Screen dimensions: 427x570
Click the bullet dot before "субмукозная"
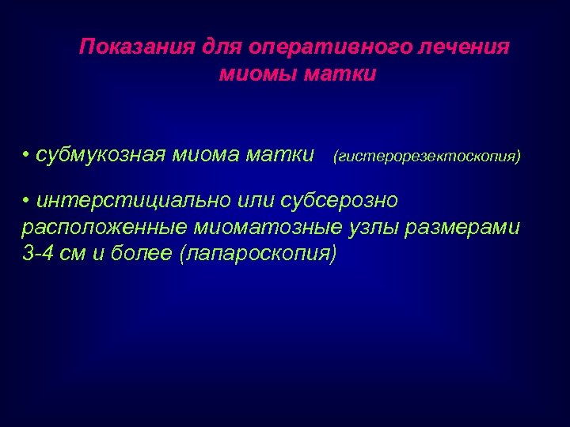[x=26, y=153]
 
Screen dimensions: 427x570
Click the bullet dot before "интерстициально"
[x=26, y=201]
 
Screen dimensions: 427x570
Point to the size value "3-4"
[x=37, y=254]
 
